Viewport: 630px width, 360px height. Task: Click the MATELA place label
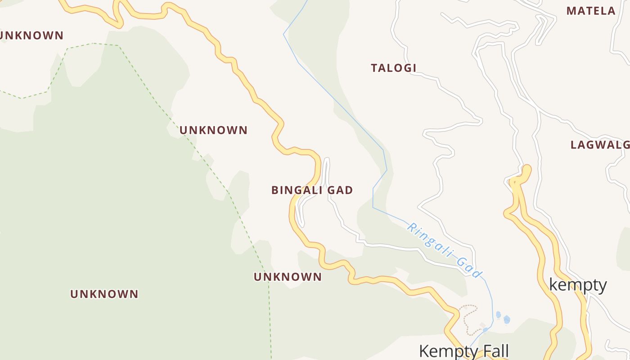[x=590, y=11]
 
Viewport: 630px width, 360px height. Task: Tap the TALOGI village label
[x=393, y=68]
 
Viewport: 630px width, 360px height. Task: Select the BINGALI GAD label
[x=312, y=190]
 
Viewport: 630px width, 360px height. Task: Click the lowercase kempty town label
[x=578, y=285]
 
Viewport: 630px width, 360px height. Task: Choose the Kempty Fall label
[x=463, y=351]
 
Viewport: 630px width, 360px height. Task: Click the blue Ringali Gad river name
[x=444, y=250]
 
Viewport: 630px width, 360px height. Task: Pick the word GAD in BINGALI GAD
[x=340, y=190]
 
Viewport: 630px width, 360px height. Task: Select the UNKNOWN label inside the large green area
[x=104, y=294]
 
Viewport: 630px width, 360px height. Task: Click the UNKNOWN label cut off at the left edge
[x=31, y=36]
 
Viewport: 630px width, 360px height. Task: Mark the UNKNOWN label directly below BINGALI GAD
[x=288, y=277]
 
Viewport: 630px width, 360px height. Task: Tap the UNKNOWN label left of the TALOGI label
[x=213, y=130]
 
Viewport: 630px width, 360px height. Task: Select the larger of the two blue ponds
[x=507, y=319]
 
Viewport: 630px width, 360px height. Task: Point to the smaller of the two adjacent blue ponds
[x=498, y=314]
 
